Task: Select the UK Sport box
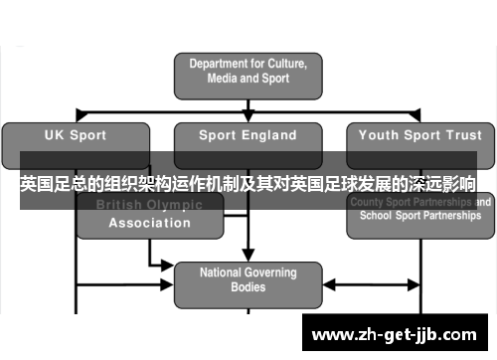tap(77, 136)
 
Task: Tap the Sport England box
tap(248, 136)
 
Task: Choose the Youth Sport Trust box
tap(418, 136)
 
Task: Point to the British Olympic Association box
tap(149, 215)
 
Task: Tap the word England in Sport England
tap(269, 135)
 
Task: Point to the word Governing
tap(270, 271)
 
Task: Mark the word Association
tap(149, 223)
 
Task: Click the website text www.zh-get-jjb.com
tap(397, 332)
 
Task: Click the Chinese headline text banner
tap(248, 185)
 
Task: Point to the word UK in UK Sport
tap(55, 135)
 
